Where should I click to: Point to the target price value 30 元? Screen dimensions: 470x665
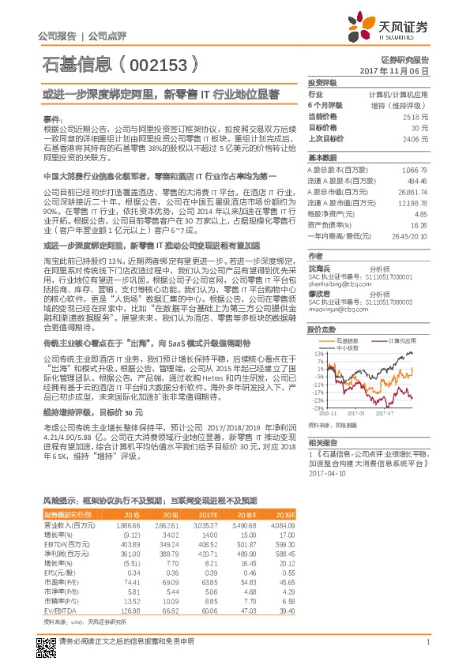point(420,126)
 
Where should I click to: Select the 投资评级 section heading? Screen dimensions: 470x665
point(322,83)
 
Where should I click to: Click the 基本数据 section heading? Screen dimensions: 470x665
point(322,158)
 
